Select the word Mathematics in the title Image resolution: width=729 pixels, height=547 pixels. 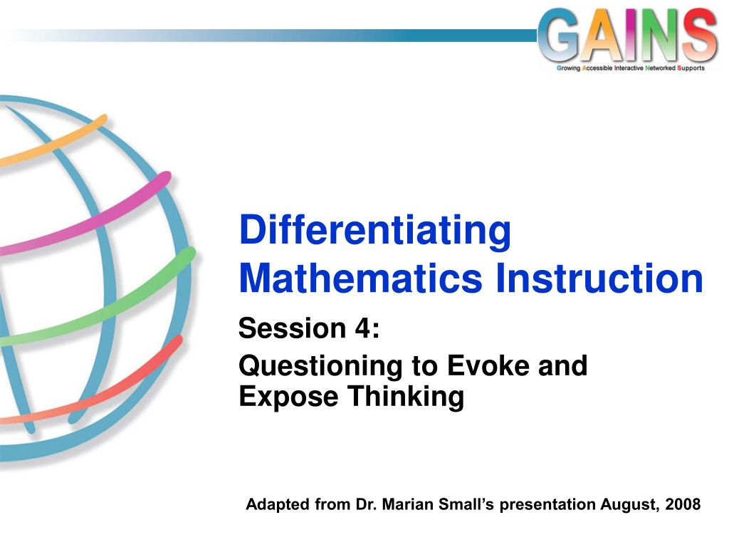pos(361,278)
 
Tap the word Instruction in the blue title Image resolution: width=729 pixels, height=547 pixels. pos(599,278)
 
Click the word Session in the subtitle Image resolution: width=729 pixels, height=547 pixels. pos(292,328)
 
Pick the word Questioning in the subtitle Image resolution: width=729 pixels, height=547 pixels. pos(320,367)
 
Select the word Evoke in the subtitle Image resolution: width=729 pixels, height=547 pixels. pos(488,365)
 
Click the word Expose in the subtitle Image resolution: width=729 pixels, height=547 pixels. pos(288,397)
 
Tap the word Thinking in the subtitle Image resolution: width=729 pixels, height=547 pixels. pos(406,397)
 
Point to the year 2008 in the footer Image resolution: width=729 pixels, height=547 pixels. pos(683,504)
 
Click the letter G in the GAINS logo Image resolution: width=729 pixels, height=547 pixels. pos(561,36)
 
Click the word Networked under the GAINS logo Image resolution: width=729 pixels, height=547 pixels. pos(660,68)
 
